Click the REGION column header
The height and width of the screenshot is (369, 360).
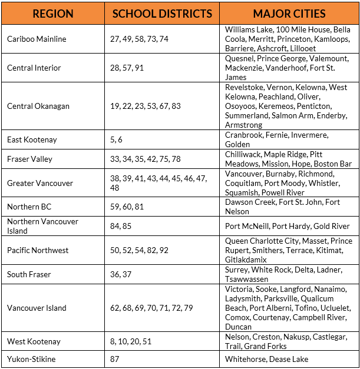(x=53, y=14)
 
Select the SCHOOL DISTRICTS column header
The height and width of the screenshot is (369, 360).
(x=162, y=14)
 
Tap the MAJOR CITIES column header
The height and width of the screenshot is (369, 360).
(x=289, y=14)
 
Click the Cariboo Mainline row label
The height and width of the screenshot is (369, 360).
(x=37, y=39)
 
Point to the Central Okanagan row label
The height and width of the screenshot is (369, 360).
(x=38, y=106)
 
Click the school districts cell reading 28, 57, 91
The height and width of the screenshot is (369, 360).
(x=127, y=68)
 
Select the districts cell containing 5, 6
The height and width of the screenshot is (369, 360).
(x=116, y=139)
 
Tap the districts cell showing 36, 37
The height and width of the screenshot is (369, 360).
(x=120, y=274)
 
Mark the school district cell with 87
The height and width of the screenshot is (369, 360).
(x=115, y=359)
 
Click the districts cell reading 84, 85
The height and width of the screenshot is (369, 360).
(x=120, y=226)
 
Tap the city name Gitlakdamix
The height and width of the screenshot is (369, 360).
(x=246, y=260)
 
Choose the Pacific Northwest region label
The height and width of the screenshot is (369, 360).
(x=38, y=250)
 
